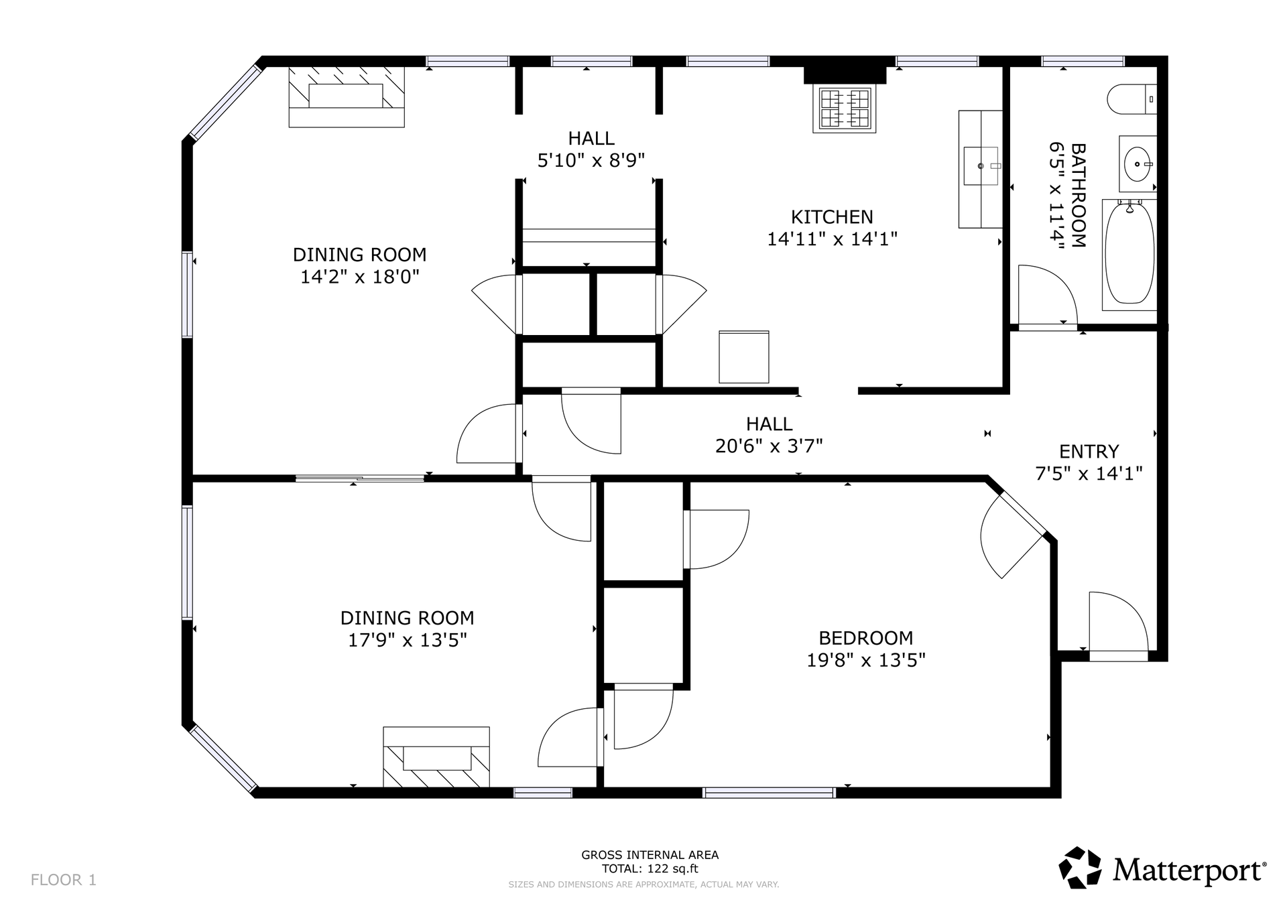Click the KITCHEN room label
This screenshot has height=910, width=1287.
pyautogui.click(x=832, y=217)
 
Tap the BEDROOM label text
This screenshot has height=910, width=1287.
pyautogui.click(x=866, y=638)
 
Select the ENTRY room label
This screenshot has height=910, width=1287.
pyautogui.click(x=1089, y=452)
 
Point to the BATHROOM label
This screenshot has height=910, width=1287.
pyautogui.click(x=1078, y=195)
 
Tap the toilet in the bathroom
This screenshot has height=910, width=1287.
pyautogui.click(x=1131, y=99)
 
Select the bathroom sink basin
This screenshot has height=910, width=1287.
pyautogui.click(x=1138, y=164)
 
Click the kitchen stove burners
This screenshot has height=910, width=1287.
pyautogui.click(x=845, y=109)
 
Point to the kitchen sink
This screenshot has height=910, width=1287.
pyautogui.click(x=981, y=166)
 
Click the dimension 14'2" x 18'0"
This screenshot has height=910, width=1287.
pyautogui.click(x=360, y=277)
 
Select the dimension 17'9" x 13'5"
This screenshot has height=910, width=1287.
pyautogui.click(x=408, y=641)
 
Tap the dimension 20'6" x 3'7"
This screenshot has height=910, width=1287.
pyautogui.click(x=769, y=446)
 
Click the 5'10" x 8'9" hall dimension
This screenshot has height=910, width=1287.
pyautogui.click(x=591, y=161)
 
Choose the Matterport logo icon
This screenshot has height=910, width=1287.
pyautogui.click(x=1080, y=868)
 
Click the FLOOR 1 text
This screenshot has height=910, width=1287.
pyautogui.click(x=64, y=880)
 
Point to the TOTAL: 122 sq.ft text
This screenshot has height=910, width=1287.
pyautogui.click(x=650, y=869)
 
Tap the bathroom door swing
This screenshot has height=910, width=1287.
pyautogui.click(x=1048, y=296)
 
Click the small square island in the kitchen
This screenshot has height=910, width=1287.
pyautogui.click(x=744, y=357)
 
